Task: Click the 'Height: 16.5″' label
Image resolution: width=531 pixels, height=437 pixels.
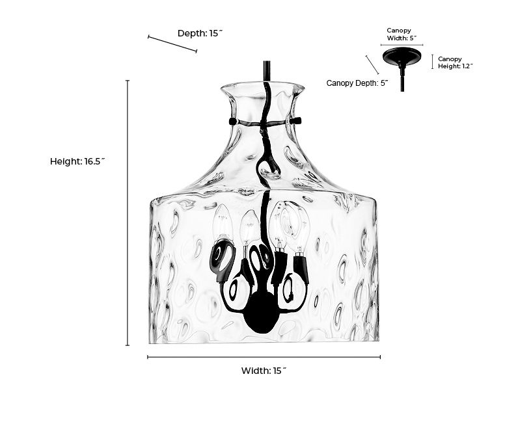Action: point(77,161)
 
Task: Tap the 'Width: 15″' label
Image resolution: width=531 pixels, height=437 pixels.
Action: point(264,371)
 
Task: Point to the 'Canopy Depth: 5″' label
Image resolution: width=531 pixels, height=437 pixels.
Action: point(357,83)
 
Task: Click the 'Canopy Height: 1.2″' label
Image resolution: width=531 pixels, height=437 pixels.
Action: point(456,62)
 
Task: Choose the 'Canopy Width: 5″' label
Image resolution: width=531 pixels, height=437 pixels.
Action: point(402,34)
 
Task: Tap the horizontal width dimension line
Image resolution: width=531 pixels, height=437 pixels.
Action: point(264,356)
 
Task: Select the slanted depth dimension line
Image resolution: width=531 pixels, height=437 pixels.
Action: point(172,44)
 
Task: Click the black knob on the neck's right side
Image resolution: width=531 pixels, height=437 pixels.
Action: point(296,120)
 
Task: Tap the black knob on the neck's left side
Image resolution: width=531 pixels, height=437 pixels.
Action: point(232,121)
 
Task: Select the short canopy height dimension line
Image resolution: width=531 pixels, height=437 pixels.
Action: point(433,61)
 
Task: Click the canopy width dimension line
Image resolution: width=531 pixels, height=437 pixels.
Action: point(402,45)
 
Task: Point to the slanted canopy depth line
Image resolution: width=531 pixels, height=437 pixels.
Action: point(372,64)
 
